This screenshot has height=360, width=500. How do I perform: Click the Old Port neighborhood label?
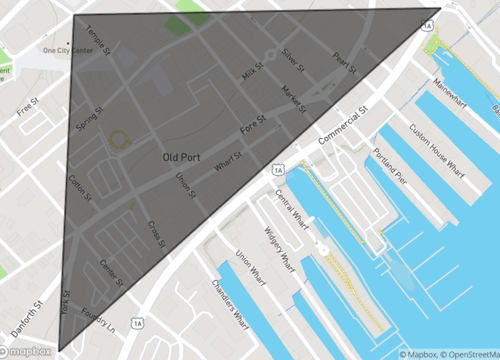pos(186,157)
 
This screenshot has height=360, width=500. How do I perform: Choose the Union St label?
pos(185,184)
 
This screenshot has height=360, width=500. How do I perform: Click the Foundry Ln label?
pos(101,313)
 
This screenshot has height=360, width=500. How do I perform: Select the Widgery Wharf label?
pos(273,246)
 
